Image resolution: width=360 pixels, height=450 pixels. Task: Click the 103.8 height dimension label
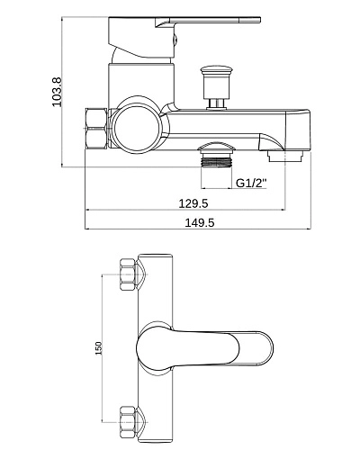[57, 92]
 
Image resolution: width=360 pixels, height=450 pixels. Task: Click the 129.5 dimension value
[193, 203]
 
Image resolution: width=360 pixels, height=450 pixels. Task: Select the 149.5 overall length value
[200, 222]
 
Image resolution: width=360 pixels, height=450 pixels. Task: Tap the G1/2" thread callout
[251, 183]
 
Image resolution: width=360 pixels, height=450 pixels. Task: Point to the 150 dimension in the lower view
[99, 348]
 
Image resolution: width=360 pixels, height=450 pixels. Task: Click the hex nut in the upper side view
[96, 128]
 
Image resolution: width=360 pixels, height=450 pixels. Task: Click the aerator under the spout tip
[285, 156]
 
